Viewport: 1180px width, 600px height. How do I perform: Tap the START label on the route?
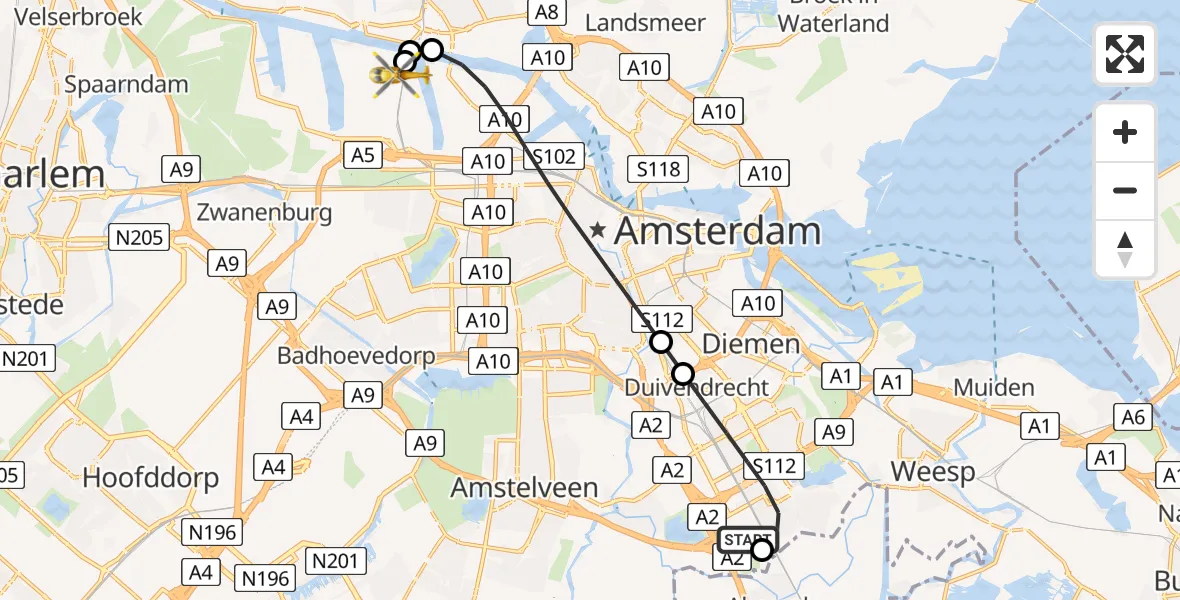point(746,541)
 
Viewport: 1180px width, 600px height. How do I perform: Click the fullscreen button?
point(1125,54)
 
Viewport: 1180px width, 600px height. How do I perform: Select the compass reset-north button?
point(1125,249)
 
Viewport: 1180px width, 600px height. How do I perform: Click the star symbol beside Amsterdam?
point(598,231)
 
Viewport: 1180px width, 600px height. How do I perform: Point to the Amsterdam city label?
point(717,232)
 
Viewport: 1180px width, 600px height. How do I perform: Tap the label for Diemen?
point(751,344)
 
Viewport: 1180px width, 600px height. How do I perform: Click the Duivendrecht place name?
point(697,388)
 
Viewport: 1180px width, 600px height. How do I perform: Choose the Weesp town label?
point(933,471)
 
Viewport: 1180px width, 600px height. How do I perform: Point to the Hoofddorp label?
point(150,478)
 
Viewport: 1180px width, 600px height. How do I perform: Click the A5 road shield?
point(362,155)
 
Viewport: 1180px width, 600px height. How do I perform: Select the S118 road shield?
point(659,169)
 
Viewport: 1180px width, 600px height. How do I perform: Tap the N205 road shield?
point(139,238)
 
